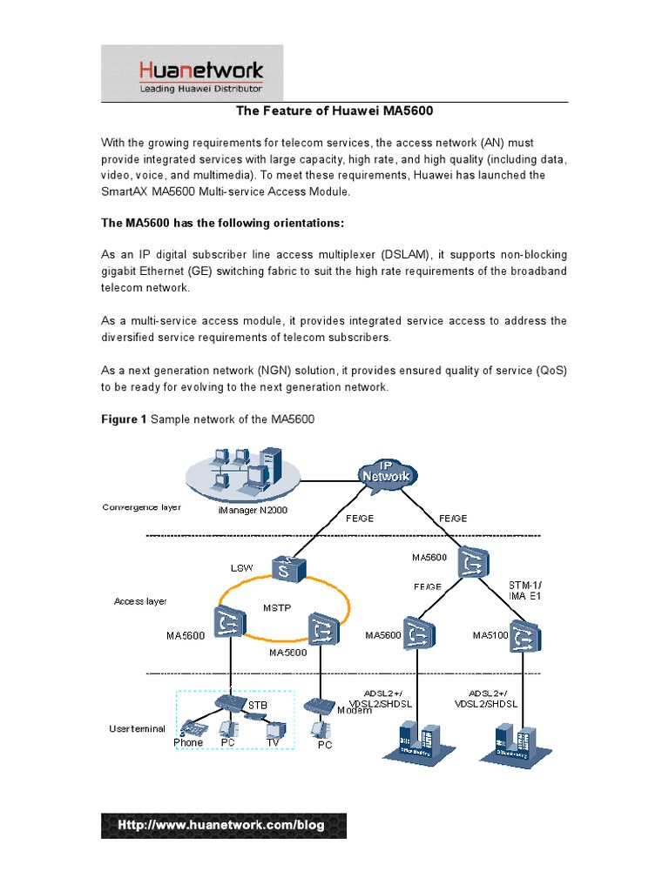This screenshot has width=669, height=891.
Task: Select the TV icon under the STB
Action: (275, 728)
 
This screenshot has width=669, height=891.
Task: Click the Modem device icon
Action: (320, 703)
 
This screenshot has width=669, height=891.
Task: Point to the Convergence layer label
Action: (141, 506)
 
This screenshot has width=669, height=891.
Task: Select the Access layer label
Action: (139, 601)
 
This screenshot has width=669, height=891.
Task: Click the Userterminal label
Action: (136, 728)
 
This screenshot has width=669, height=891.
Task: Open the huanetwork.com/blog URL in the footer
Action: (223, 825)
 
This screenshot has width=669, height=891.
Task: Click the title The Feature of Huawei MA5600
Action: (334, 111)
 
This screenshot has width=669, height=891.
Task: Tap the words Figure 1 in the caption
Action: (125, 419)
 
